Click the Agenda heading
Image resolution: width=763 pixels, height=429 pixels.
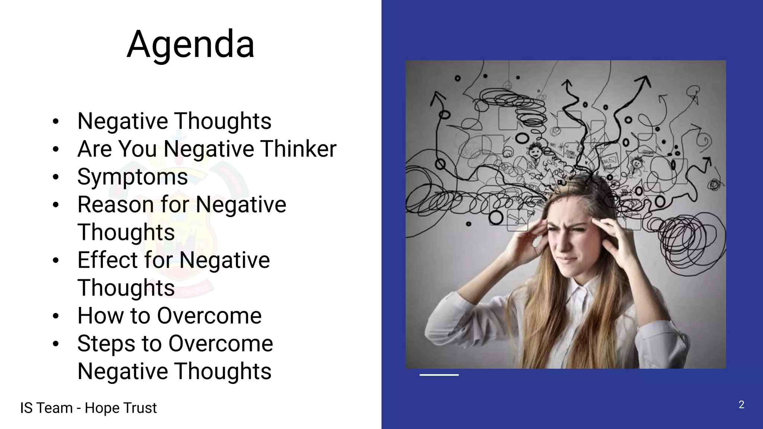pos(190,44)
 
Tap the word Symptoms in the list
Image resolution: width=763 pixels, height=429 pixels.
pos(132,177)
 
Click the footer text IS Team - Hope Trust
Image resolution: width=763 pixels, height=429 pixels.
pos(88,408)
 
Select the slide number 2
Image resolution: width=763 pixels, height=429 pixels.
pos(741,404)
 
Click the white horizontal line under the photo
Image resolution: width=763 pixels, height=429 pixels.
pos(439,375)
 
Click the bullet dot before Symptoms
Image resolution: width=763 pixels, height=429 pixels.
pos(56,177)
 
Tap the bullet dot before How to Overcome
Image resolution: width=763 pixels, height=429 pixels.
pos(56,316)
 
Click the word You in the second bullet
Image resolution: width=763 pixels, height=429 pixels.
pos(138,149)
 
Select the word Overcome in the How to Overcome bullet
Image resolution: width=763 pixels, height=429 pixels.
pos(209,315)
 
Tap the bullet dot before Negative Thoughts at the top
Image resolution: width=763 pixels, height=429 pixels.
pos(56,121)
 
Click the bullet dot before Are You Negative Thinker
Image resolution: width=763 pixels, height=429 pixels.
pos(56,149)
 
